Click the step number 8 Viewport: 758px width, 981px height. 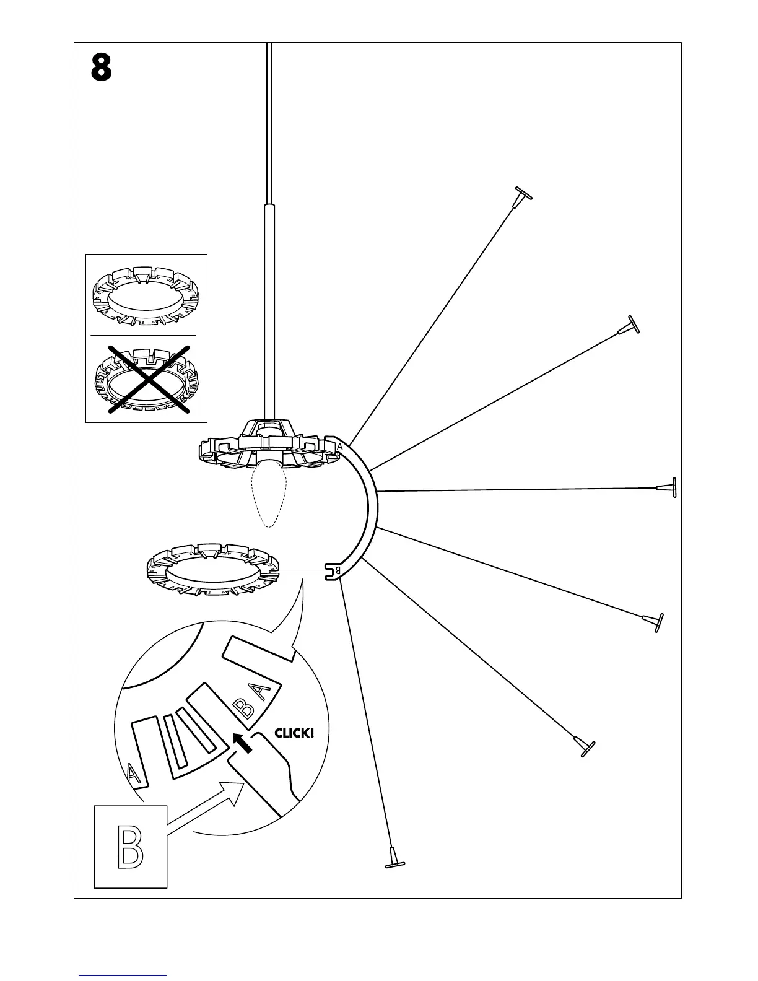[x=102, y=68]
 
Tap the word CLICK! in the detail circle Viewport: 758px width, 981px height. [x=294, y=733]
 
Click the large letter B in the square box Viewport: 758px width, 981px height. [x=131, y=847]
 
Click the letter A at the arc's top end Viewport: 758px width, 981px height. [x=339, y=447]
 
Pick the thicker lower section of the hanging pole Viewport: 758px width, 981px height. [x=269, y=310]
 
